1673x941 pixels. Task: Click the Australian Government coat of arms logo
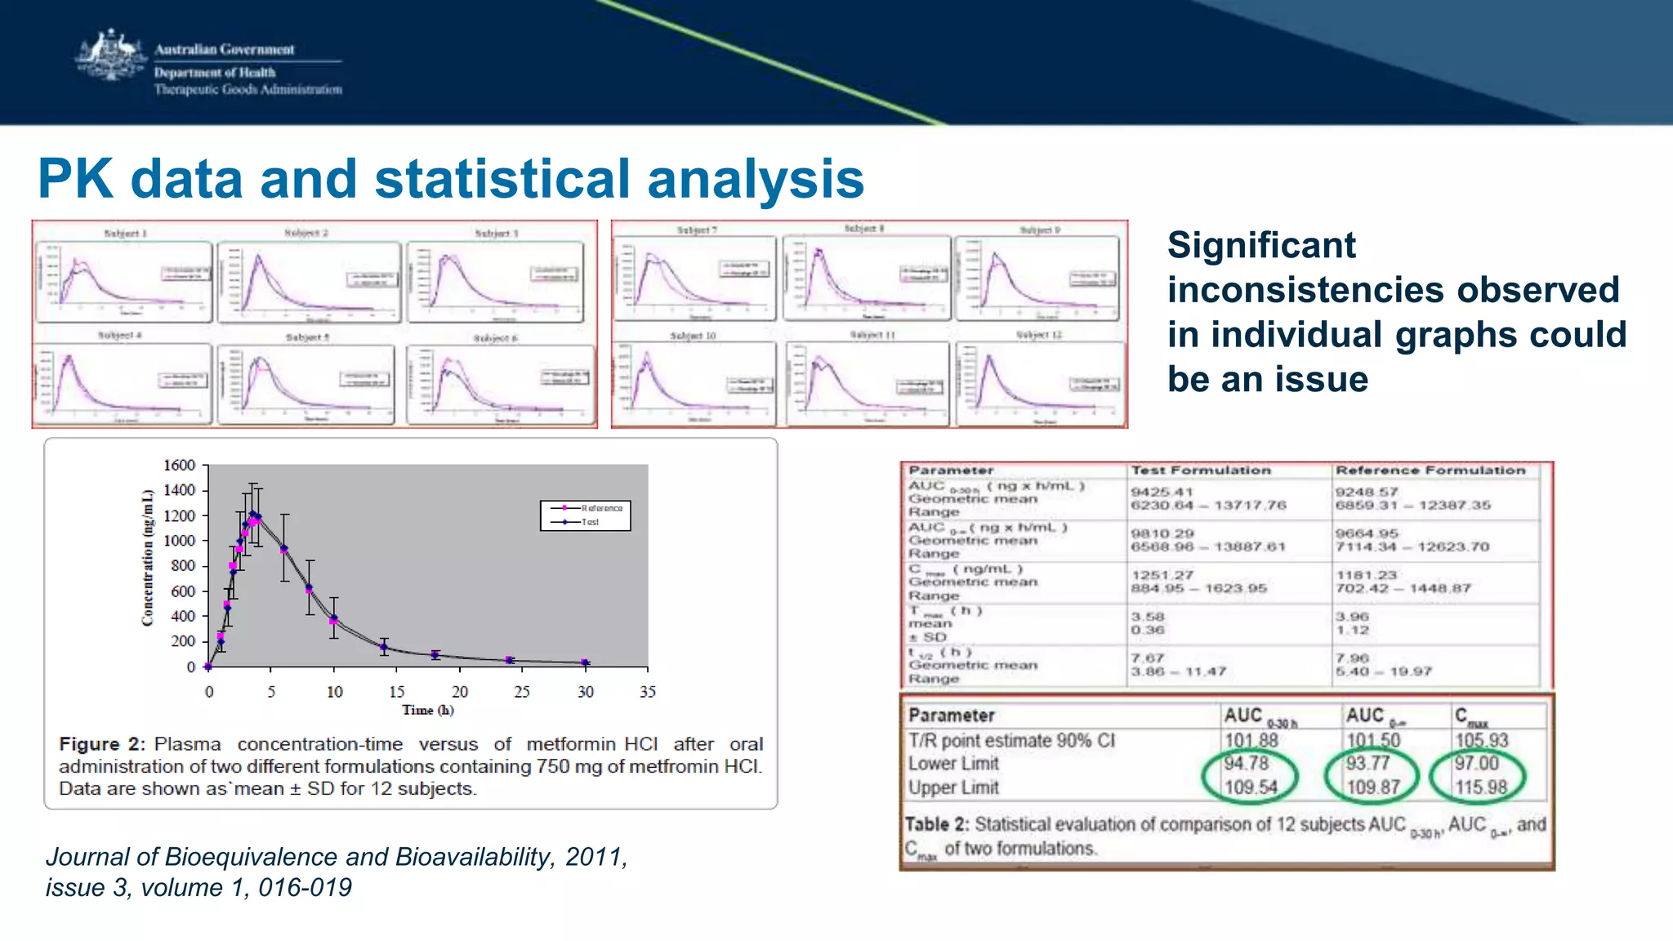pos(110,56)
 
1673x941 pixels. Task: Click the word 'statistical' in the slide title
pos(502,180)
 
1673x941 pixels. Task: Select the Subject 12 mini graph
pos(1039,380)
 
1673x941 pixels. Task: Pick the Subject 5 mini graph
pos(306,382)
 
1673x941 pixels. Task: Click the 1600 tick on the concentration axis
pos(179,466)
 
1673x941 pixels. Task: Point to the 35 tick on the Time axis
pos(647,692)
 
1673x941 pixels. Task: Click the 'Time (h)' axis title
pos(427,711)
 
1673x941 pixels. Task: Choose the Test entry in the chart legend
pos(590,522)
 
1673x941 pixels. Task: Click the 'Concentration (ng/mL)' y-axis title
pos(148,558)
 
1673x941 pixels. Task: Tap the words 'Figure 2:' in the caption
pos(101,744)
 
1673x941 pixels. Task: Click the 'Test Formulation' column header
pos(1200,470)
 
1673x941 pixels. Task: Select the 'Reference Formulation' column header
pos(1430,470)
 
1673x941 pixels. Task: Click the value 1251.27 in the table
pos(1162,575)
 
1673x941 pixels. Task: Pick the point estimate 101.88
pos(1251,740)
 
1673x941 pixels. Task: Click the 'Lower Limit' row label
pos(953,764)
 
